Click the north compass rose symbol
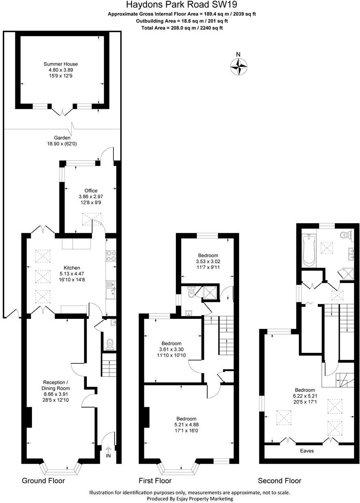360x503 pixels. pyautogui.click(x=239, y=66)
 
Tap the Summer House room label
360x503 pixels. pyautogui.click(x=61, y=64)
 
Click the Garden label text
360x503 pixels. pyautogui.click(x=62, y=138)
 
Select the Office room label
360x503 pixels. pyautogui.click(x=91, y=191)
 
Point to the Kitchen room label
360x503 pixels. pyautogui.click(x=72, y=268)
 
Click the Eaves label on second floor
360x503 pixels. pyautogui.click(x=306, y=451)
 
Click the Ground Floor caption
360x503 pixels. pyautogui.click(x=43, y=481)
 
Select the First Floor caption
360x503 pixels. pyautogui.click(x=155, y=481)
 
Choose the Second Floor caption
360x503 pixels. pyautogui.click(x=279, y=481)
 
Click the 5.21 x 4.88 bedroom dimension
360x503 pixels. pyautogui.click(x=186, y=425)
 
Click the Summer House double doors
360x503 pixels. pyautogui.click(x=62, y=110)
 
